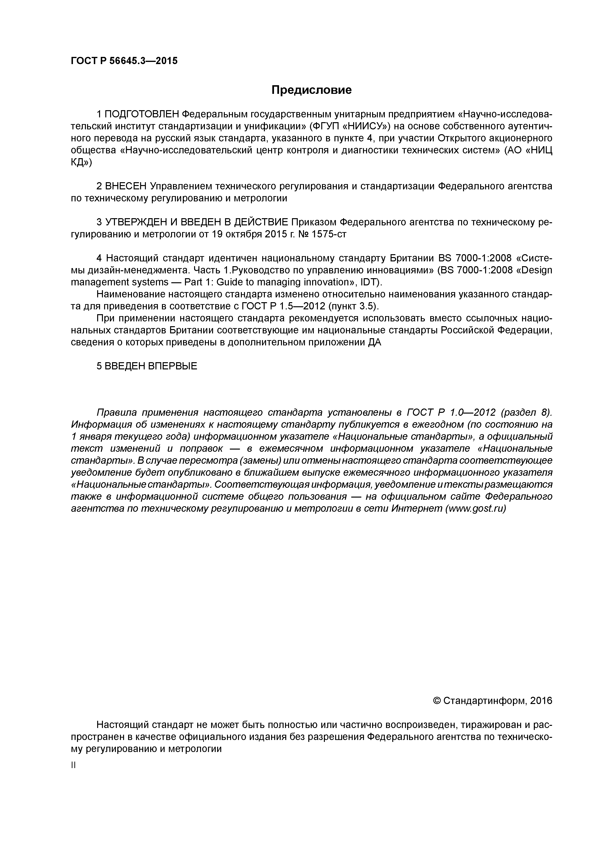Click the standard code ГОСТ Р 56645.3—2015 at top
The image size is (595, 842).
click(x=124, y=61)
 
